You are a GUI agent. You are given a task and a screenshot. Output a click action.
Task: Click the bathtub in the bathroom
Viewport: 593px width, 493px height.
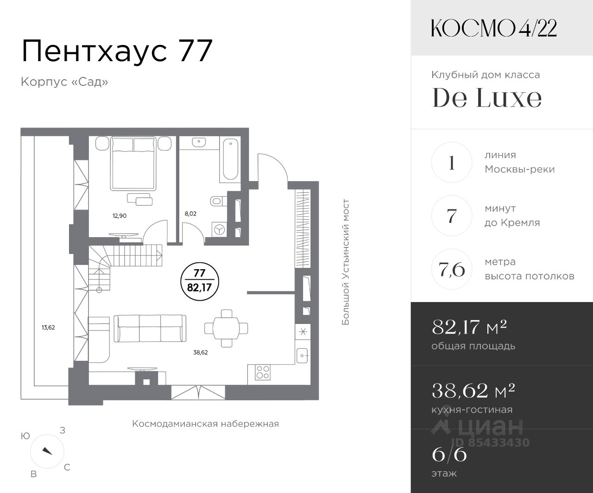pyautogui.click(x=230, y=159)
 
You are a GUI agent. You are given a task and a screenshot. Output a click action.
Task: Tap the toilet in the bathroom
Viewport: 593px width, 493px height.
pyautogui.click(x=218, y=202)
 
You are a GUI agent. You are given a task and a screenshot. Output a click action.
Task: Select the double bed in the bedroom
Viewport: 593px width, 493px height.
pyautogui.click(x=133, y=163)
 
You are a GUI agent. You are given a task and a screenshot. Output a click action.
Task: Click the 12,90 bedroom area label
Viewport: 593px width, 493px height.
pyautogui.click(x=120, y=215)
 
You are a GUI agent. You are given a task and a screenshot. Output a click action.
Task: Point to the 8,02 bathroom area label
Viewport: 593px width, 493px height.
pyautogui.click(x=190, y=214)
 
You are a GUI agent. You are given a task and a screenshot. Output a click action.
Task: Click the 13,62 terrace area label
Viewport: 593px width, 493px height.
pyautogui.click(x=48, y=328)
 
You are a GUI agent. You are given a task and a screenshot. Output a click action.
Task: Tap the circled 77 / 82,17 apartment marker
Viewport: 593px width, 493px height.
pyautogui.click(x=200, y=281)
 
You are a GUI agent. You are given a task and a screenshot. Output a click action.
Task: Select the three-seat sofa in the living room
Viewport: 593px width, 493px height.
pyautogui.click(x=150, y=329)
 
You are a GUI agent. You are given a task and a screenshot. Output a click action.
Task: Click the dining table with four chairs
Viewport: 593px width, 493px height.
pyautogui.click(x=227, y=329)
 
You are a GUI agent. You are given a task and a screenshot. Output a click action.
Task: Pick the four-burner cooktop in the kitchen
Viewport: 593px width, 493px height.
pyautogui.click(x=263, y=373)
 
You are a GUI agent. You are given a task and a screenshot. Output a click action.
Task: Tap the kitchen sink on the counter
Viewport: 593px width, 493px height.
pyautogui.click(x=303, y=355)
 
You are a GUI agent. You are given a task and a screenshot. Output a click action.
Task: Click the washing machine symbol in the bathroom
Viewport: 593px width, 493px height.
pyautogui.click(x=220, y=229)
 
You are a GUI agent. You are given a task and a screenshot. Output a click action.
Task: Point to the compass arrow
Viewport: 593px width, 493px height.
pyautogui.click(x=47, y=451)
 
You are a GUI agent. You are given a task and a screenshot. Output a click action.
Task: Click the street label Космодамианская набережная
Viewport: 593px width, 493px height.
pyautogui.click(x=206, y=423)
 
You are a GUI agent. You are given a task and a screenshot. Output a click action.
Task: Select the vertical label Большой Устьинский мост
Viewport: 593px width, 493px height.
pyautogui.click(x=345, y=262)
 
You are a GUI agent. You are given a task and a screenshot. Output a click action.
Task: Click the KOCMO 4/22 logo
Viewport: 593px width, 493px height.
pyautogui.click(x=494, y=28)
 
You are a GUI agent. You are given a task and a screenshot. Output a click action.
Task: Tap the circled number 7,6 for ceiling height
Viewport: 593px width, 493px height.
pyautogui.click(x=452, y=269)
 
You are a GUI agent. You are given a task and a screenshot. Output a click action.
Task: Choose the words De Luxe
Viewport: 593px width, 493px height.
pyautogui.click(x=487, y=98)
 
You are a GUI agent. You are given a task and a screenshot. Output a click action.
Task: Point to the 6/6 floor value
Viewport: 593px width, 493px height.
pyautogui.click(x=449, y=455)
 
